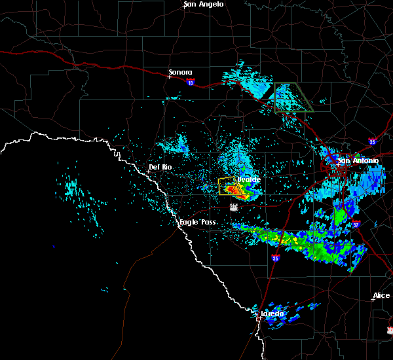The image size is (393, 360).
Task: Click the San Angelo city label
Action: (x=203, y=5)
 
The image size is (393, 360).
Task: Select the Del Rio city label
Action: (x=160, y=167)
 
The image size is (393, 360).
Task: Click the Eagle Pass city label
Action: (x=198, y=223)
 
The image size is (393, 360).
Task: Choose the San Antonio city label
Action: (x=358, y=160)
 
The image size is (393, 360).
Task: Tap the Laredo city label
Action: (x=272, y=314)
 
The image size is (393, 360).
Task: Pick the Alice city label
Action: (x=381, y=296)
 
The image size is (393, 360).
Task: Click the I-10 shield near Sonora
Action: (x=190, y=82)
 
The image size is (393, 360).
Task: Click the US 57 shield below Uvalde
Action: (x=233, y=207)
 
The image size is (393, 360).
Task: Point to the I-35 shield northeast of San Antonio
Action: (x=372, y=140)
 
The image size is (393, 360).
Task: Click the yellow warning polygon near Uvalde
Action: (x=227, y=185)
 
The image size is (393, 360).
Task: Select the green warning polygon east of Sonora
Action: (x=293, y=97)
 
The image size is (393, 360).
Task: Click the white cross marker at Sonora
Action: (x=169, y=77)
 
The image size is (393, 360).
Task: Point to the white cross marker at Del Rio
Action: (x=148, y=171)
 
